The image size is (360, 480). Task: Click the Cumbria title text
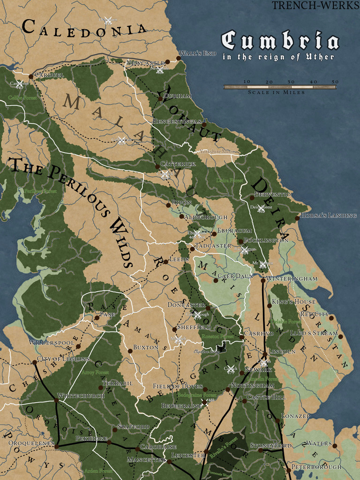pos(280,41)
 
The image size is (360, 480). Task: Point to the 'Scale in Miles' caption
pos(277,92)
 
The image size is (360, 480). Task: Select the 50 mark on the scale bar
pos(335,82)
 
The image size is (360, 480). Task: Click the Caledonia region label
pos(84,28)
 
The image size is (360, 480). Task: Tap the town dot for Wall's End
pos(178,58)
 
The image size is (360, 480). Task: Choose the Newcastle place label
pos(145,62)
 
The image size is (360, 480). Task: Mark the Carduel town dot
pos(30,76)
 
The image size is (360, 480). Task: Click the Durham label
pos(178,96)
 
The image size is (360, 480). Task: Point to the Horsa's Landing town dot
pos(297,218)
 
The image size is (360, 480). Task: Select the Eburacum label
pos(234,231)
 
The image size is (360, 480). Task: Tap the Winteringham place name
pos(292,278)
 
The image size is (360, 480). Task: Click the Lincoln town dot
pos(264,354)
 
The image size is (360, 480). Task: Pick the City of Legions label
pos(63,360)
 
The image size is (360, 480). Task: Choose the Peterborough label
pos(316,467)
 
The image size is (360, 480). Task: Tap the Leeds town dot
pos(165,262)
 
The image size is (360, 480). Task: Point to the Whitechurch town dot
pos(56,400)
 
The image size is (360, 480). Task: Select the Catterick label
pos(178,164)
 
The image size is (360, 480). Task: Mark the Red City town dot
pos(331,318)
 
